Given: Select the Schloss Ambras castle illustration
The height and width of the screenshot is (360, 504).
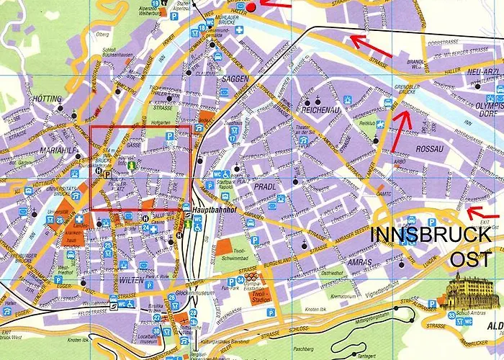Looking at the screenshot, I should tap(468, 292).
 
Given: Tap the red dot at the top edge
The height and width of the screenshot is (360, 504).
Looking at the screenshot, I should tap(251, 6).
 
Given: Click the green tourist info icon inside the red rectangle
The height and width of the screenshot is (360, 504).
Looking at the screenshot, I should tap(131, 166).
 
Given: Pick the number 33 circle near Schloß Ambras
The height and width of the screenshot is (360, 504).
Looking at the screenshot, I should tap(451, 315).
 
